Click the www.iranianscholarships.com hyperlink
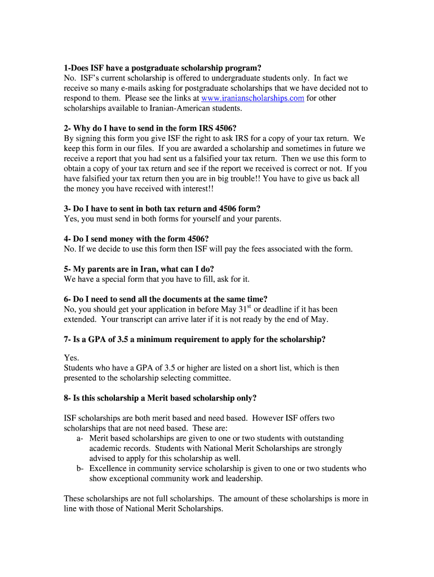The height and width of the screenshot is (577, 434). tap(253, 98)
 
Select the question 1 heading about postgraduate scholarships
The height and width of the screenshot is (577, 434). tap(163, 68)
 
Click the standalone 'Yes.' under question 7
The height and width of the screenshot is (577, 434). tap(72, 358)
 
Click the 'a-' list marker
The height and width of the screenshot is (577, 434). tap(80, 438)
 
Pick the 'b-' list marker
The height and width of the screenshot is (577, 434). tap(80, 468)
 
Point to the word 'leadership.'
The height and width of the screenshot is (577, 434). tap(241, 478)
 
